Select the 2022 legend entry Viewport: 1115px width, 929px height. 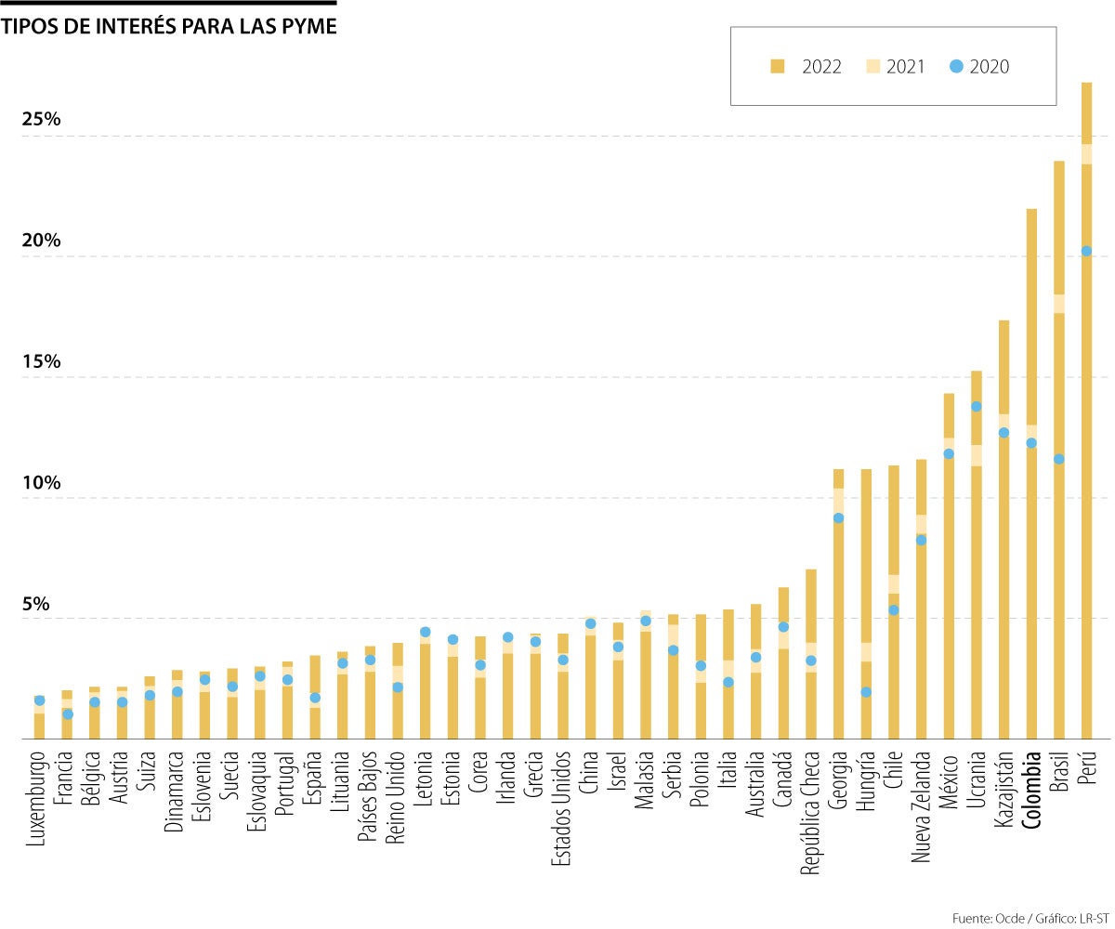(806, 66)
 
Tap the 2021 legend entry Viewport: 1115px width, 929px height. (896, 66)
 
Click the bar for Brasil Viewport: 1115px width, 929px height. (1058, 446)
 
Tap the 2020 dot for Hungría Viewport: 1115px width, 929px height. (866, 692)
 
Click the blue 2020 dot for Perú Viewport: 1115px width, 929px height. (1086, 251)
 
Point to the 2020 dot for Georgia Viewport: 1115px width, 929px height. (838, 518)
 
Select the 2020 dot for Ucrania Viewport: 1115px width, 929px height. (977, 406)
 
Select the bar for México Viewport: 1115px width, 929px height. (949, 567)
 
